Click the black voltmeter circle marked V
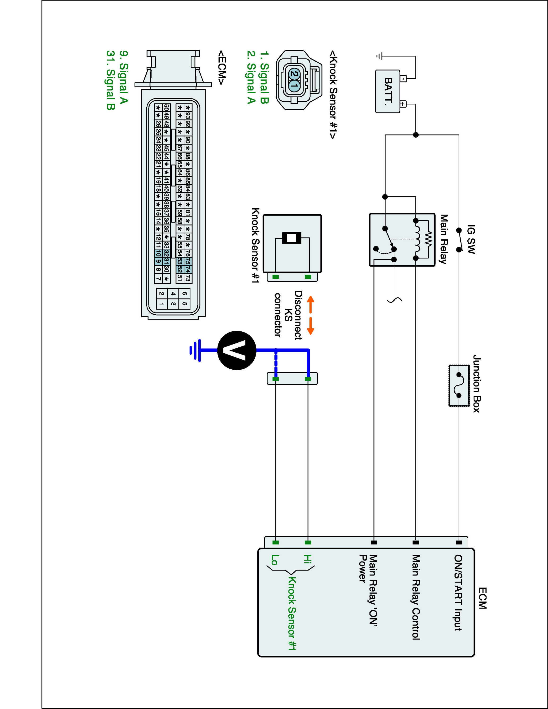pyautogui.click(x=237, y=350)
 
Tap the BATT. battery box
pyautogui.click(x=388, y=91)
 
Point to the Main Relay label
pyautogui.click(x=444, y=239)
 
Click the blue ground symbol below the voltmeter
pyautogui.click(x=195, y=350)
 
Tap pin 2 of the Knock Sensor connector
pyautogui.click(x=293, y=74)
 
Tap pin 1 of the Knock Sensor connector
pyautogui.click(x=293, y=86)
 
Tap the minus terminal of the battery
pyautogui.click(x=403, y=78)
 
